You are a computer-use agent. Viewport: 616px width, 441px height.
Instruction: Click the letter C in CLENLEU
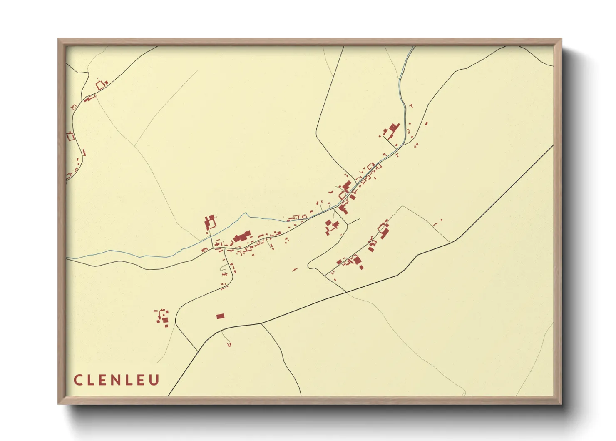[78, 380]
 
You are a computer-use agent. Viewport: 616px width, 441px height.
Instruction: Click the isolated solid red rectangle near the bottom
[220, 316]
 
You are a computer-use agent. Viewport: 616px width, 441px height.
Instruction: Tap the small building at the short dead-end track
[229, 344]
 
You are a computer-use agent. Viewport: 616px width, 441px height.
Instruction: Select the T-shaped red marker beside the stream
[411, 106]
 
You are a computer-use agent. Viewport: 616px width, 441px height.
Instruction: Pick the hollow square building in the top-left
[100, 85]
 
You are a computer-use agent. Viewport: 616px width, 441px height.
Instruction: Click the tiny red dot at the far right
[441, 220]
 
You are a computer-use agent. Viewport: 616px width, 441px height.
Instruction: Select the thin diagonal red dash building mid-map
[295, 270]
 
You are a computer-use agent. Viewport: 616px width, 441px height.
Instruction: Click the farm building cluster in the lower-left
[163, 318]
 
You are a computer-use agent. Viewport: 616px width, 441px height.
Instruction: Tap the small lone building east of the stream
[426, 123]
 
